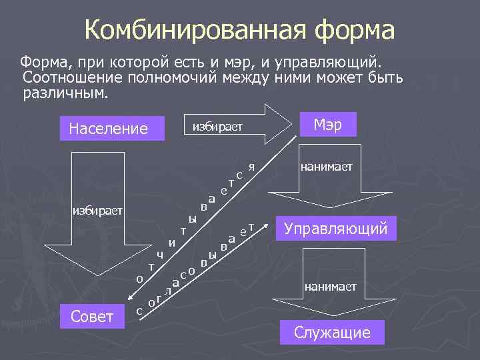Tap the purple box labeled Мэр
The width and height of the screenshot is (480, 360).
pos(328,125)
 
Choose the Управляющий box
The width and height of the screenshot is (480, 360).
pos(335,229)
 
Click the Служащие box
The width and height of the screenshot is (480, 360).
pos(333,332)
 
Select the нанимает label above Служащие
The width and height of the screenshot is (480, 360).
pos(330,286)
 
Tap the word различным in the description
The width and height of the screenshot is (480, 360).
pos(65,93)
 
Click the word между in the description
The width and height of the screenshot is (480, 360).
pos(256,78)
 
